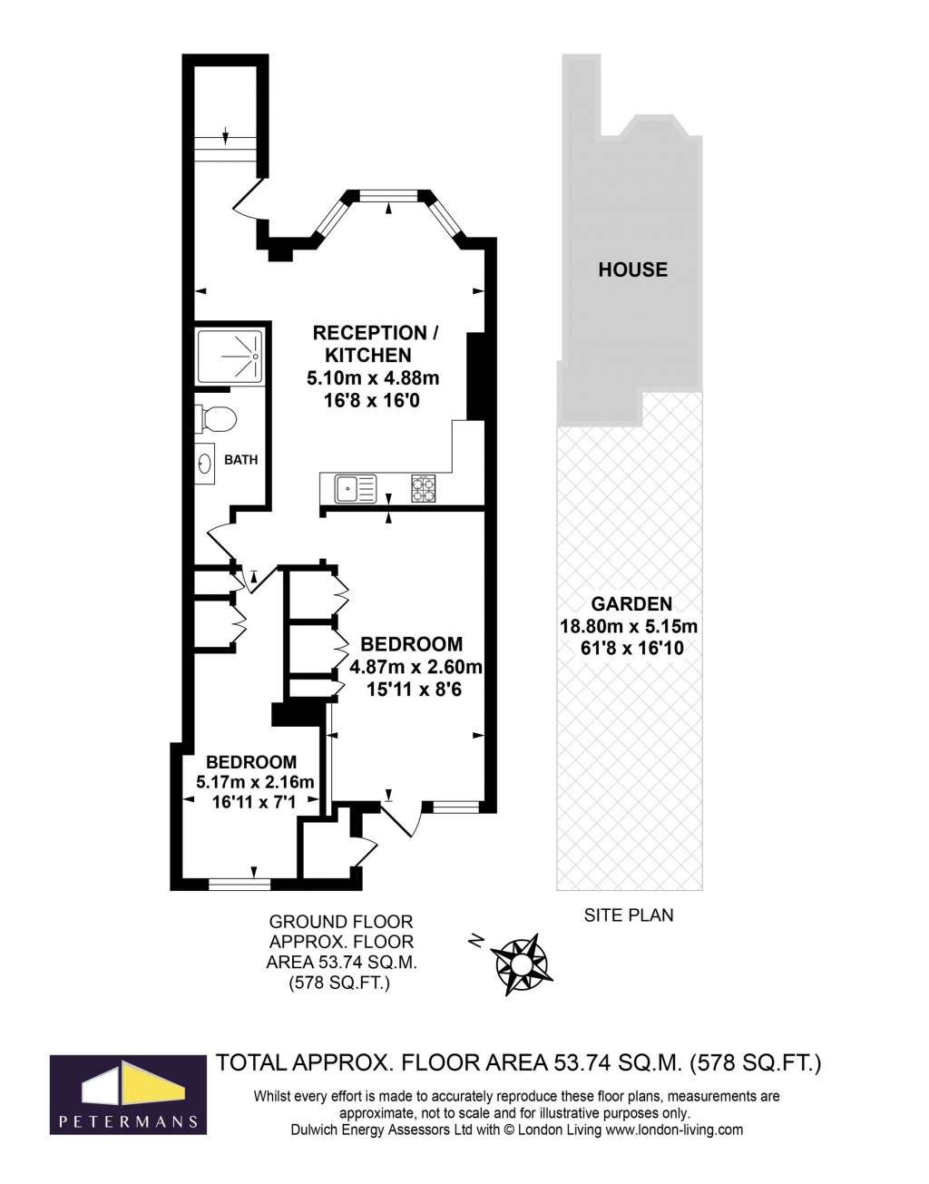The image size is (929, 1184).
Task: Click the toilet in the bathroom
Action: click(218, 418)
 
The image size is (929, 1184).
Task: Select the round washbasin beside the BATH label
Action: click(205, 464)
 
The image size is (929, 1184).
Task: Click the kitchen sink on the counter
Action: click(355, 489)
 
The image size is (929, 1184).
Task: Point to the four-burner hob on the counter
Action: click(424, 489)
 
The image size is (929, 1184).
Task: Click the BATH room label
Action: click(241, 460)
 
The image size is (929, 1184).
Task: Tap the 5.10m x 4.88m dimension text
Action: click(372, 377)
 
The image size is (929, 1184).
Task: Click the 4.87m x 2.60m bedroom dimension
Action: click(416, 667)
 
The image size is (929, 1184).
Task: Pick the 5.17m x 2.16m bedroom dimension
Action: click(255, 782)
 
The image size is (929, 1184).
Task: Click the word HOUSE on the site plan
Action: click(632, 269)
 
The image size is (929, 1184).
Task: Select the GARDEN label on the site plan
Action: click(631, 603)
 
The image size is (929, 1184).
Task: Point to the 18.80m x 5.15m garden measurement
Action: click(629, 626)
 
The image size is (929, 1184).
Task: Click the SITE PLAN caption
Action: click(628, 915)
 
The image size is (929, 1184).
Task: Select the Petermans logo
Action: click(126, 1093)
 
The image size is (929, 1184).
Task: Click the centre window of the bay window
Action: click(388, 193)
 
